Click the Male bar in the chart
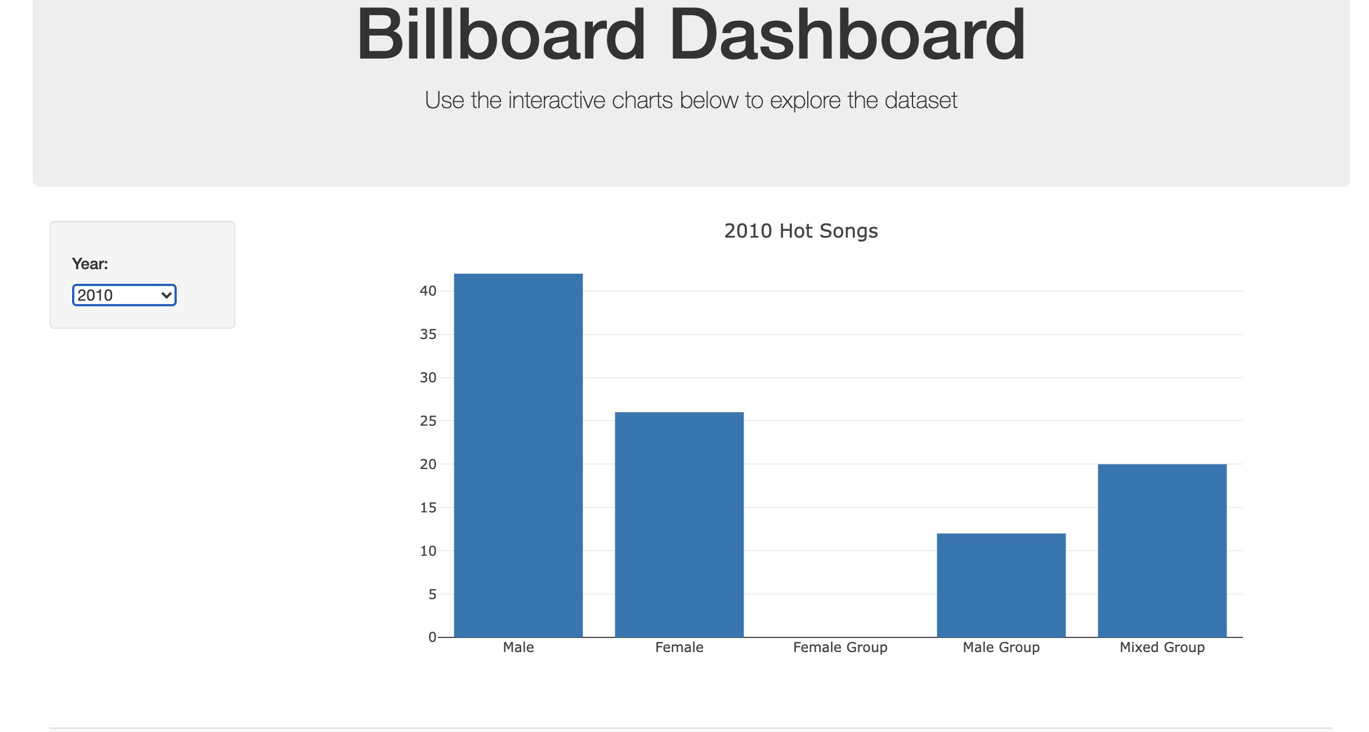point(518,455)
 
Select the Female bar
point(679,524)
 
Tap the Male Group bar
point(1001,585)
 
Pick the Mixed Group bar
point(1162,550)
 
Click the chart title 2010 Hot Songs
point(800,231)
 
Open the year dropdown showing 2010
point(124,295)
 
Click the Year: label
point(90,264)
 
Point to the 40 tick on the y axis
point(428,291)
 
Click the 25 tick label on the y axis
point(428,421)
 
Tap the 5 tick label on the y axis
point(432,594)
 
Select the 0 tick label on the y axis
point(432,637)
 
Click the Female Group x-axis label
point(840,648)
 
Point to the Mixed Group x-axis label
point(1162,648)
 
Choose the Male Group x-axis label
point(1001,648)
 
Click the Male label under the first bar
point(518,648)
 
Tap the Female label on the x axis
point(679,648)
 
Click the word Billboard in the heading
point(501,35)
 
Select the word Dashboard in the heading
point(847,35)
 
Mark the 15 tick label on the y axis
point(428,507)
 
